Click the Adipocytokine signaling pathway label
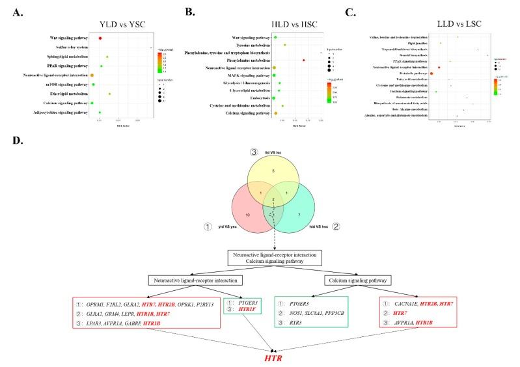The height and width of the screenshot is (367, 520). pyautogui.click(x=60, y=113)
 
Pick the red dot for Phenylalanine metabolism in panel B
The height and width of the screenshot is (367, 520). pyautogui.click(x=304, y=60)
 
